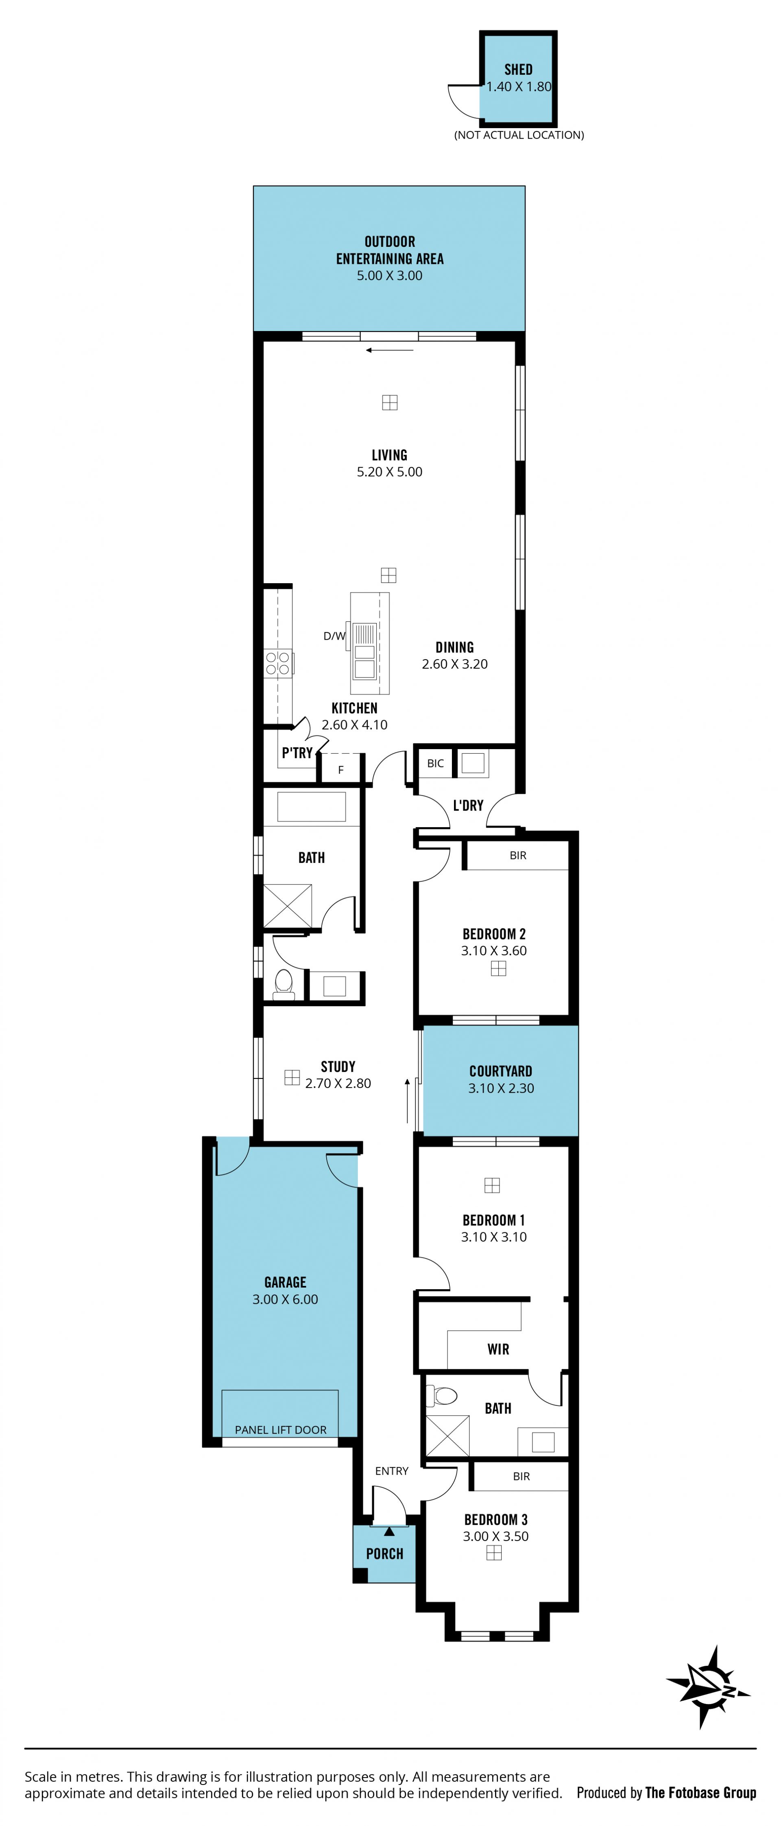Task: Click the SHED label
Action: click(518, 70)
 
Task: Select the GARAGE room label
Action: click(285, 1282)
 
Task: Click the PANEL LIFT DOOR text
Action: click(281, 1430)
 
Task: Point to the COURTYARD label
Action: click(500, 1071)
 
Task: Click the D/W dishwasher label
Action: click(334, 636)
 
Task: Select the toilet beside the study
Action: click(284, 984)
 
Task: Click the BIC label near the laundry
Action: click(435, 763)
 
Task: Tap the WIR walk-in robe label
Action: click(498, 1349)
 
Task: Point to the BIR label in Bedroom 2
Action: click(518, 856)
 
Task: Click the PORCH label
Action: click(384, 1554)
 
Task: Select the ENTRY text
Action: click(392, 1471)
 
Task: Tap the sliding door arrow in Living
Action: click(389, 349)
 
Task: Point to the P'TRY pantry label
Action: click(297, 753)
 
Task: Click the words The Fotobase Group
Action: click(701, 1793)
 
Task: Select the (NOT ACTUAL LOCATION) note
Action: click(519, 135)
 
